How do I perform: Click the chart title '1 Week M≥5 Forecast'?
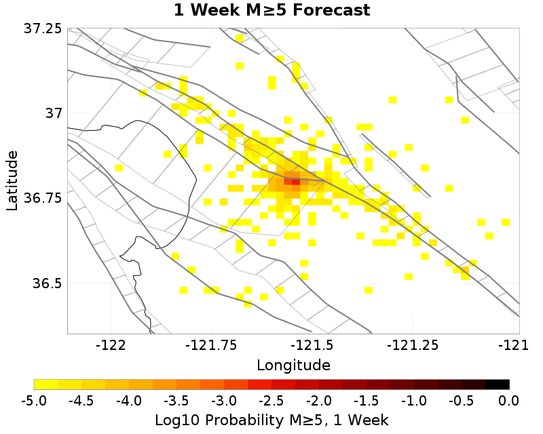tap(271, 10)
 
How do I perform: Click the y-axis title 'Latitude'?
tap(12, 180)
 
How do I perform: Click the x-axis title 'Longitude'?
tap(293, 365)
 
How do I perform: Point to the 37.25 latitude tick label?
tap(43, 29)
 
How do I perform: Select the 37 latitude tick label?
tap(52, 113)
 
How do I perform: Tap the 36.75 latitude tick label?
tap(43, 198)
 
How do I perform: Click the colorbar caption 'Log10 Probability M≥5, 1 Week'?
tap(271, 420)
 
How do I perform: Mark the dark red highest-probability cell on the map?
tap(295, 181)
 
